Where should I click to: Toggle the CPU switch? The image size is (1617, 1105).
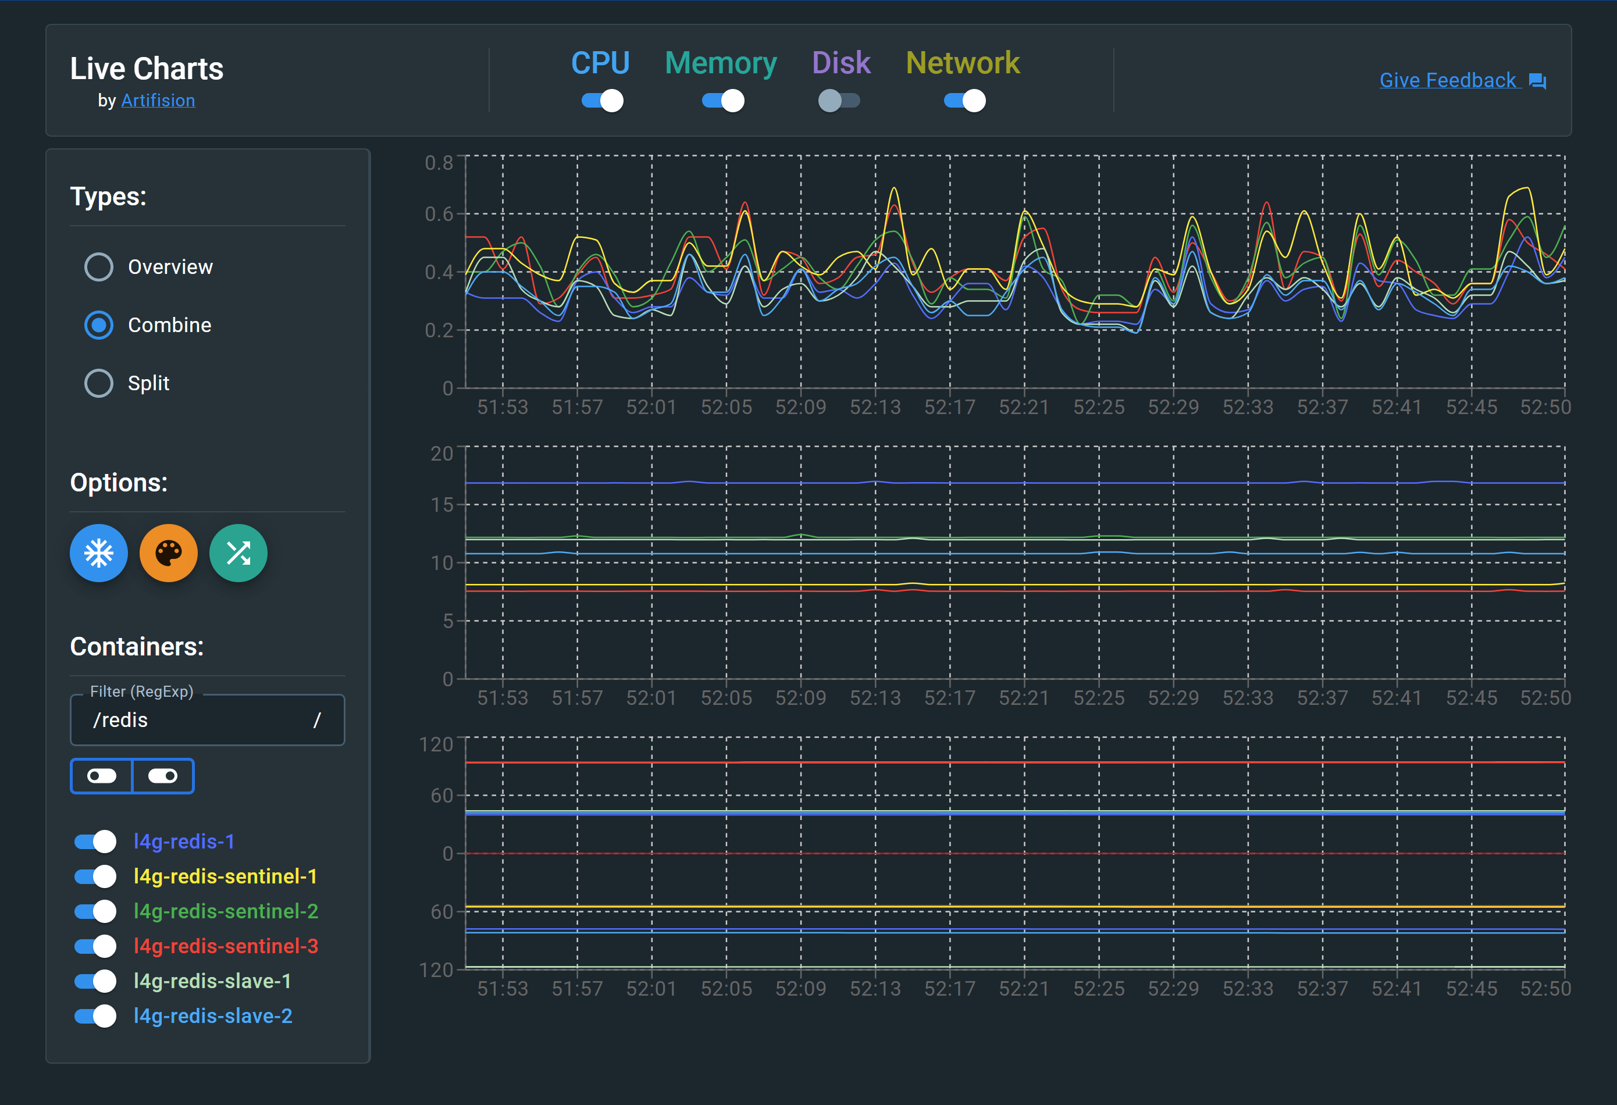coord(602,101)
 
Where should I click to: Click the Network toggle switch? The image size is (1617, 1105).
coord(964,101)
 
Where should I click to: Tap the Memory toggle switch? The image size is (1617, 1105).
coord(722,101)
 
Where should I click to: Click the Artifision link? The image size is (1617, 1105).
coord(158,101)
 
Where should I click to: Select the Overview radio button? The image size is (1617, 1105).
coord(99,267)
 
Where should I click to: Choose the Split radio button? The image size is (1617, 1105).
coord(99,383)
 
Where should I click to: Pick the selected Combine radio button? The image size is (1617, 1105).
coord(99,325)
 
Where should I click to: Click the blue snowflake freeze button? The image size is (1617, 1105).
coord(99,553)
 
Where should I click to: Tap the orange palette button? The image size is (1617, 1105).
coord(168,553)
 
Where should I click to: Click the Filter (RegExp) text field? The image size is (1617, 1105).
coord(202,720)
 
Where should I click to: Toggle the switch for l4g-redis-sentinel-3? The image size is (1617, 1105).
coord(95,946)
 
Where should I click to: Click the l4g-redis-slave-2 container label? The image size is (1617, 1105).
coord(213,1016)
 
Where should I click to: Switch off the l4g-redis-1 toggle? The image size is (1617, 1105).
coord(95,842)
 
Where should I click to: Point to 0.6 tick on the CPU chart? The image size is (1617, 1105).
coord(439,215)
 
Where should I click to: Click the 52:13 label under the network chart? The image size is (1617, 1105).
coord(875,989)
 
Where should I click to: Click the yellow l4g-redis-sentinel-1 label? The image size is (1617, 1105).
coord(226,877)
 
